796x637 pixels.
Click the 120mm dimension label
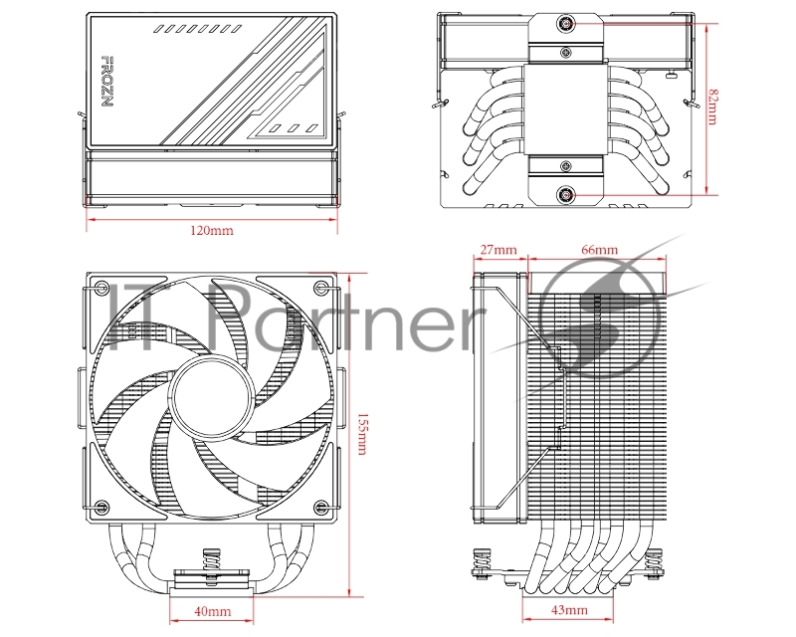point(211,231)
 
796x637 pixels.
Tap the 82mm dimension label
point(711,107)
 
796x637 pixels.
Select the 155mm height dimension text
point(360,435)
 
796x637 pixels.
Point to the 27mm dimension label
point(497,249)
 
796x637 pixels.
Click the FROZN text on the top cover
point(105,87)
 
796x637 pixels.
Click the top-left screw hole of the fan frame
point(100,289)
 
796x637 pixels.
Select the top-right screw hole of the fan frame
point(319,289)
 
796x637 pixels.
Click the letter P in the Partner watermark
point(226,318)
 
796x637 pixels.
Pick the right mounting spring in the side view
point(655,562)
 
